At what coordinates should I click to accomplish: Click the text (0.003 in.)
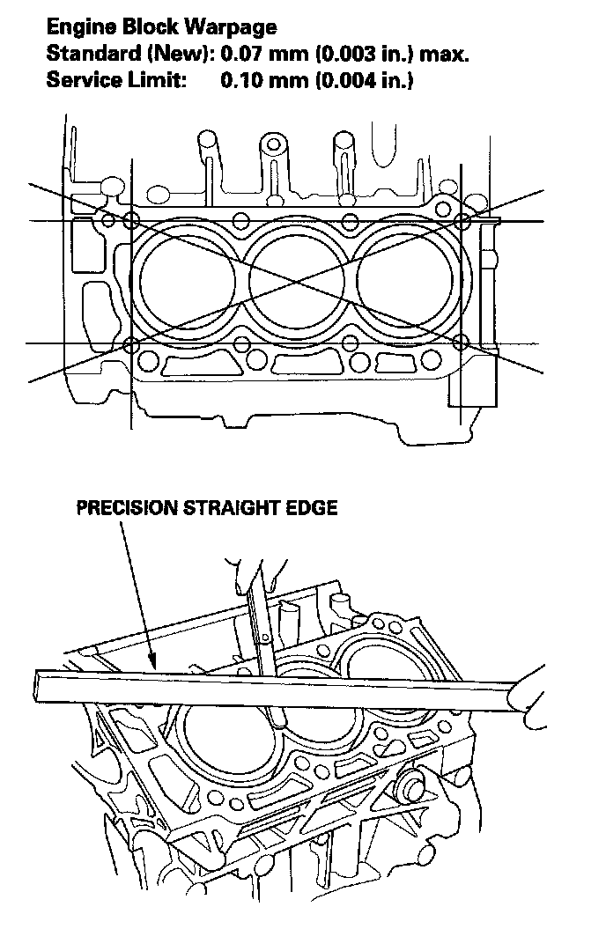pyautogui.click(x=366, y=55)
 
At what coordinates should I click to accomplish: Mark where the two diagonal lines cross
pyautogui.click(x=298, y=283)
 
